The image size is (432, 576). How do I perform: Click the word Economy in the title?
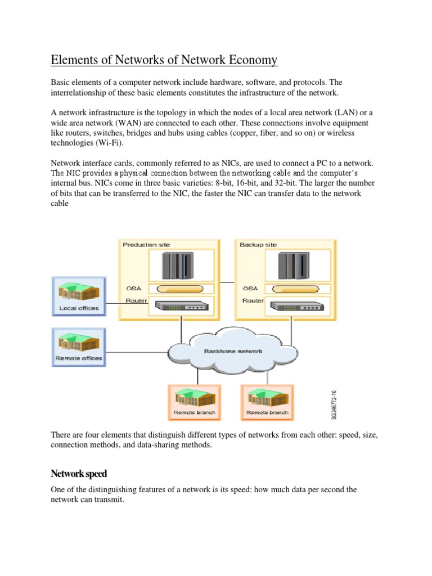tap(247, 60)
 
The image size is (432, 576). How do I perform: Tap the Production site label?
tap(146, 245)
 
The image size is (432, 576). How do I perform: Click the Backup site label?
tap(258, 245)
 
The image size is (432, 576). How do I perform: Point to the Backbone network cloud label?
tap(233, 351)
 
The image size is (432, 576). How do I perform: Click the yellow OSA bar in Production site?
tap(180, 289)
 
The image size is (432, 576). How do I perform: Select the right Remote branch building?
tap(267, 399)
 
